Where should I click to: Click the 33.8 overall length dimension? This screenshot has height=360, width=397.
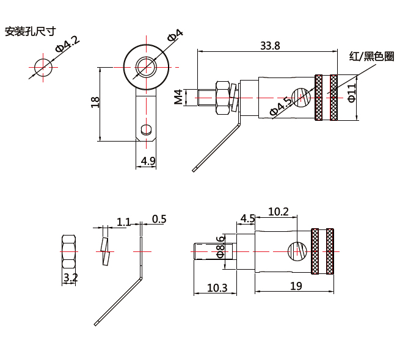point(269,46)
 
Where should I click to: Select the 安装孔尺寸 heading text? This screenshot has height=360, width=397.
point(30,31)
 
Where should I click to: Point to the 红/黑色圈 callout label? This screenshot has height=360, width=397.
point(371,57)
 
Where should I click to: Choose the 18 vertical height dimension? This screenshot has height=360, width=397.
point(95,103)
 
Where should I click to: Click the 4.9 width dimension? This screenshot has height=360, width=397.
point(148,161)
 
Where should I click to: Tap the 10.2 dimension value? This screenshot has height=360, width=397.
point(278,212)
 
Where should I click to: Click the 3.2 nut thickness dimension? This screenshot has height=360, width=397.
point(70,278)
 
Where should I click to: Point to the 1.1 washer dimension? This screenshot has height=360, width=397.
point(123,221)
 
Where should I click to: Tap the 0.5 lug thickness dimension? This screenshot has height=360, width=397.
point(159,219)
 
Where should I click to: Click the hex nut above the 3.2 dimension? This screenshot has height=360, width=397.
point(69,251)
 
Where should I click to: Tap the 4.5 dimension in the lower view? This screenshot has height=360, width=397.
point(247,218)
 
